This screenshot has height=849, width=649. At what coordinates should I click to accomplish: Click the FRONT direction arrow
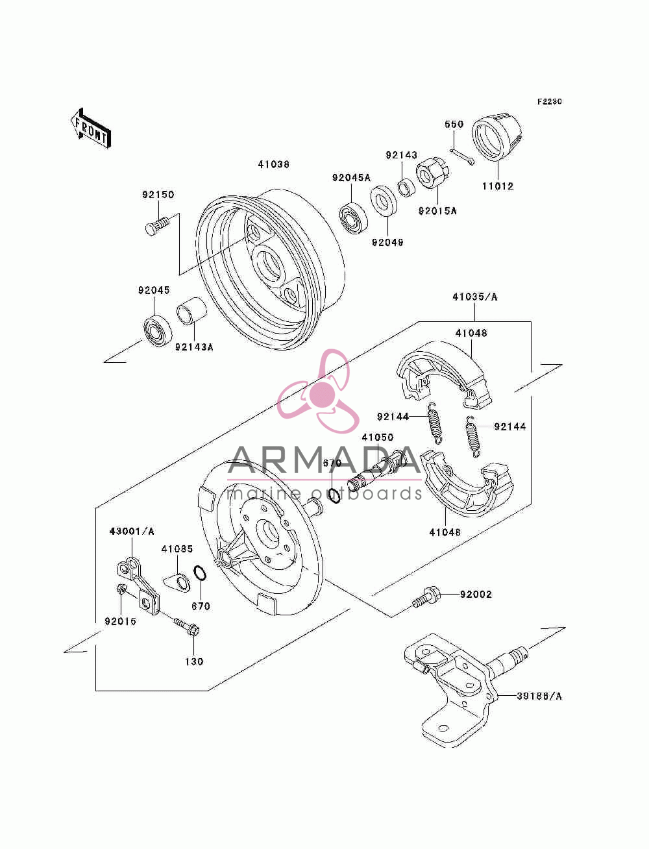90,128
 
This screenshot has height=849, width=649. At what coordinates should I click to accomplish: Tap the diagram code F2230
549,102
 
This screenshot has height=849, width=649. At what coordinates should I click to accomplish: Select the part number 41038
273,164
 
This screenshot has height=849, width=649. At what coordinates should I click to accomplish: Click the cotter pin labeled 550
461,156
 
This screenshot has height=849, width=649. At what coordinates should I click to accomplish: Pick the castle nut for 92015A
433,173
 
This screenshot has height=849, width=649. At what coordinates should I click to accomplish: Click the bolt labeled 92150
157,225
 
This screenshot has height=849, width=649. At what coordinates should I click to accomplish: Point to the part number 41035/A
475,297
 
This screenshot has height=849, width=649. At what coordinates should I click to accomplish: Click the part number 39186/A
539,696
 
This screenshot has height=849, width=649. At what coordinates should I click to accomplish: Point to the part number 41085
177,549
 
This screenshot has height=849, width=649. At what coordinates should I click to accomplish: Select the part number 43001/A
132,532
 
